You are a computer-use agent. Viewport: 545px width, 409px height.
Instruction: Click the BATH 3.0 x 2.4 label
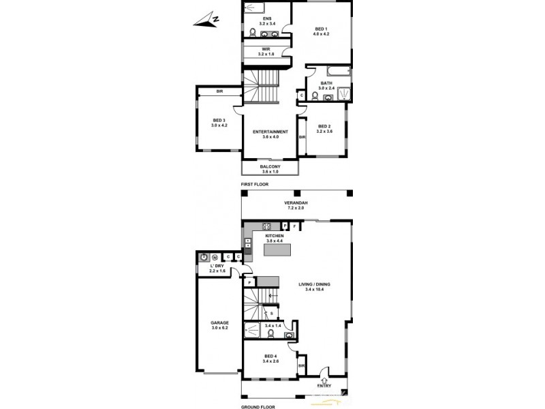point(326,86)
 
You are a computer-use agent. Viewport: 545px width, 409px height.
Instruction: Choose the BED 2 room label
point(324,127)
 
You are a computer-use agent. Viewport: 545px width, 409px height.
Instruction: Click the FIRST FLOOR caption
point(255,185)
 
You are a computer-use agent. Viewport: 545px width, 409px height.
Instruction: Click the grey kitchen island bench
point(278,250)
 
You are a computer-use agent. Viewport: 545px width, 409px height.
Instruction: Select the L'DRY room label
point(217,268)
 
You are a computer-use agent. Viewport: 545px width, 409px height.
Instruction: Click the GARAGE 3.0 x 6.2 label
point(219,324)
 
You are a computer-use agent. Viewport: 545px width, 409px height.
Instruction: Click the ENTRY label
point(322,384)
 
